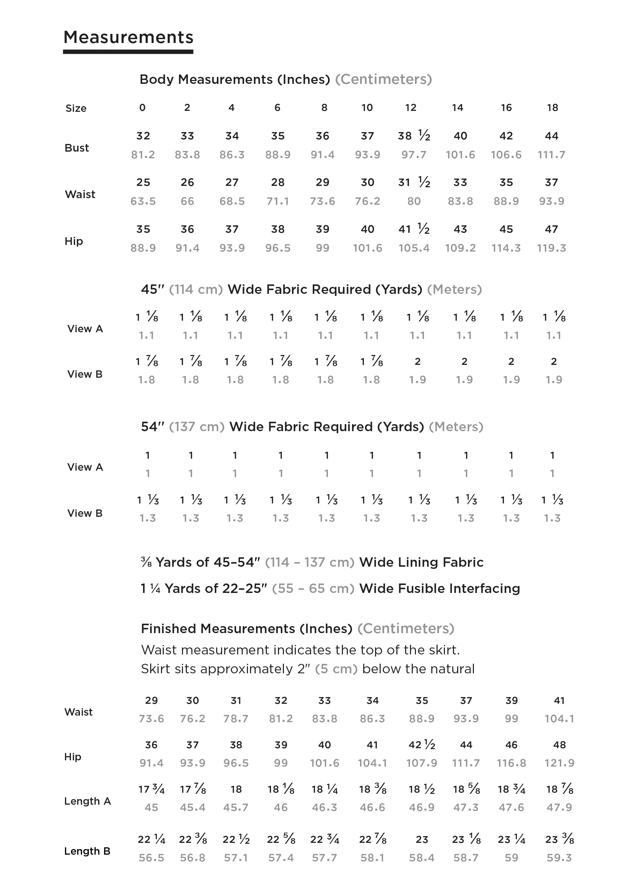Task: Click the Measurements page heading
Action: [x=128, y=37]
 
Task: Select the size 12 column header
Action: [x=410, y=108]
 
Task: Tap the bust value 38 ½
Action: [x=414, y=136]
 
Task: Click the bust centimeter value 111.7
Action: [x=551, y=155]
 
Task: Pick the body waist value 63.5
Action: [x=143, y=201]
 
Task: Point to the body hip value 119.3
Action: [x=551, y=248]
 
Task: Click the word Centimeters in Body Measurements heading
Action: [x=383, y=80]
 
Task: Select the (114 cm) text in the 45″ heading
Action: [x=196, y=290]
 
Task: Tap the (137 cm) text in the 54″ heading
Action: [x=197, y=427]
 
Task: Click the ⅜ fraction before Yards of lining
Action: [x=146, y=562]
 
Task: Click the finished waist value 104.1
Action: [x=559, y=718]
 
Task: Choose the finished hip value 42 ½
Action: [x=422, y=745]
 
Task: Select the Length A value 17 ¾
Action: [x=151, y=789]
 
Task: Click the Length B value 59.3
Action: [x=559, y=857]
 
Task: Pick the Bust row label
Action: [x=77, y=148]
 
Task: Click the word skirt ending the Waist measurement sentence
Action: [x=444, y=650]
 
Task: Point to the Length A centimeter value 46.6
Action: [x=372, y=807]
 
